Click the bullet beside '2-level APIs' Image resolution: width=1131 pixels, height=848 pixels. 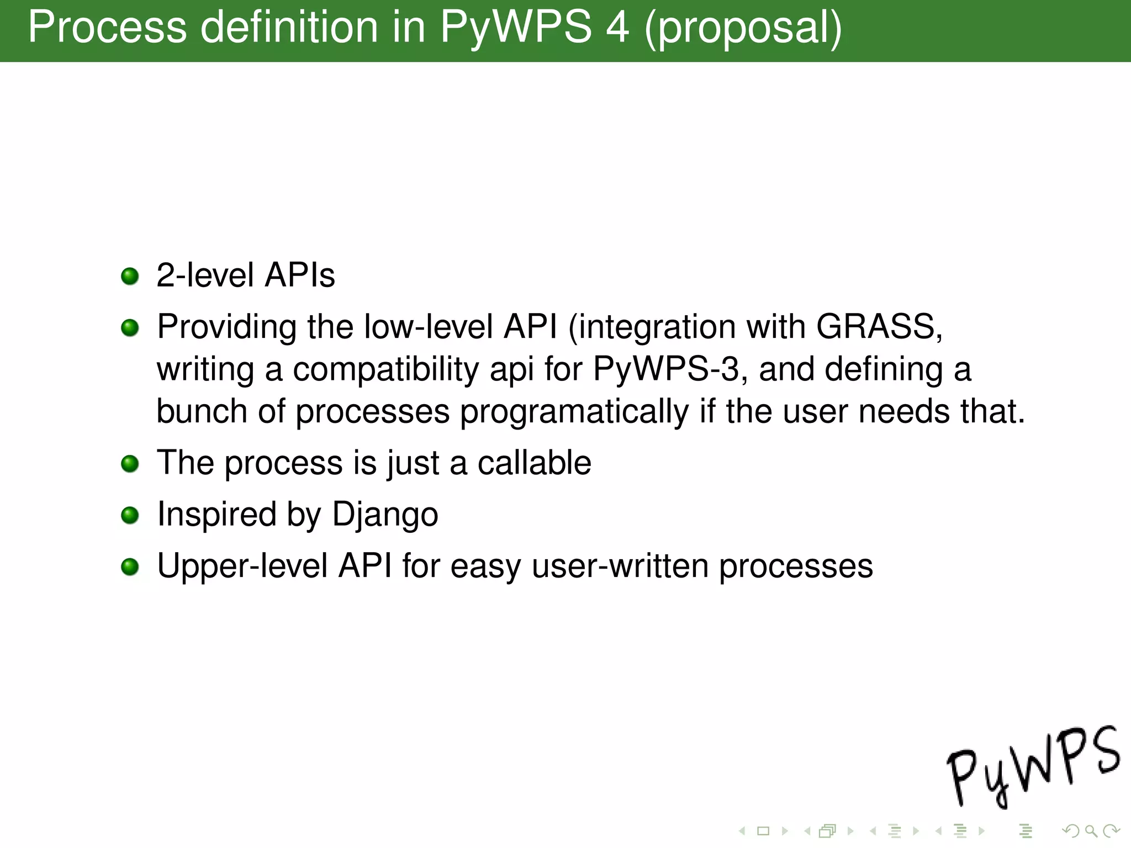click(130, 276)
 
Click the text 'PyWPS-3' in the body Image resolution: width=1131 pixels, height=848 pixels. click(665, 369)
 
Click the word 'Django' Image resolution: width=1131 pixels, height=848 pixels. click(385, 515)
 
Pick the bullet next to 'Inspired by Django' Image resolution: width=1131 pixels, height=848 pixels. click(130, 515)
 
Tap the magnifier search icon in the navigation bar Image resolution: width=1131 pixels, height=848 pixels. click(1091, 830)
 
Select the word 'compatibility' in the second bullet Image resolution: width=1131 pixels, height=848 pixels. click(385, 369)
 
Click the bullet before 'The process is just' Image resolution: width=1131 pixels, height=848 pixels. click(130, 464)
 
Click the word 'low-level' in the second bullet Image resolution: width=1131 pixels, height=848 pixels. click(428, 326)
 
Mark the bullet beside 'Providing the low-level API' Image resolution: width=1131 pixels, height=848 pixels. click(130, 328)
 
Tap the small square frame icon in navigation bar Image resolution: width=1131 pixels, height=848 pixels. click(763, 830)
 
